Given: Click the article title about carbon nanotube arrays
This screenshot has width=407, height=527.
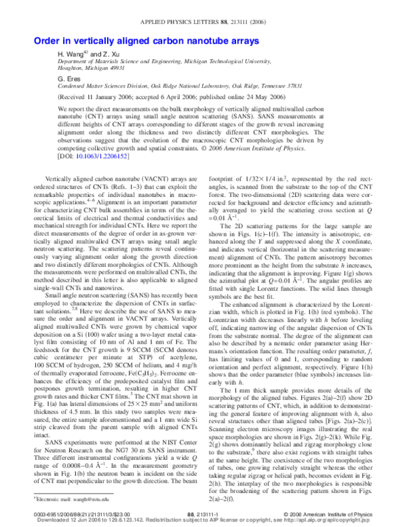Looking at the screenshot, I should tap(146, 41).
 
